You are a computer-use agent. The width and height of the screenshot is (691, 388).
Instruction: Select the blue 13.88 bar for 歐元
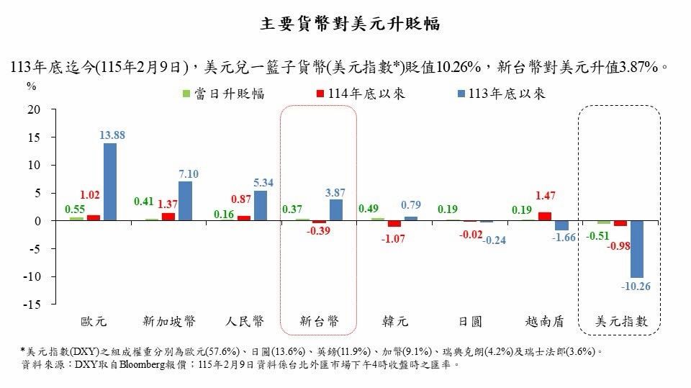coord(109,181)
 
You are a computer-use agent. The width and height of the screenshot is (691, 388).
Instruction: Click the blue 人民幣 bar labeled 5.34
coord(261,206)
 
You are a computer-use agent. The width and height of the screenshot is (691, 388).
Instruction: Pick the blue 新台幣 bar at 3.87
coord(336,210)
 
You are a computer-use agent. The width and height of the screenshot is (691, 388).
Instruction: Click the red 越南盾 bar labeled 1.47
coord(545,217)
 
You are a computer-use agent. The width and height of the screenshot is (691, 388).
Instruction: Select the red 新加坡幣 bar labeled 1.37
coord(168,217)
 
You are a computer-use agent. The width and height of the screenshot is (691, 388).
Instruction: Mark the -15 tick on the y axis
coord(31,304)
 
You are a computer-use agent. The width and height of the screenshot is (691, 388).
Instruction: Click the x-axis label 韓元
coord(395,322)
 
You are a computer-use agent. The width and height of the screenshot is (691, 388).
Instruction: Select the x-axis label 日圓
coord(471,322)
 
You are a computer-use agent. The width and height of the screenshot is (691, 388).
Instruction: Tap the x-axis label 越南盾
coord(546,322)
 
